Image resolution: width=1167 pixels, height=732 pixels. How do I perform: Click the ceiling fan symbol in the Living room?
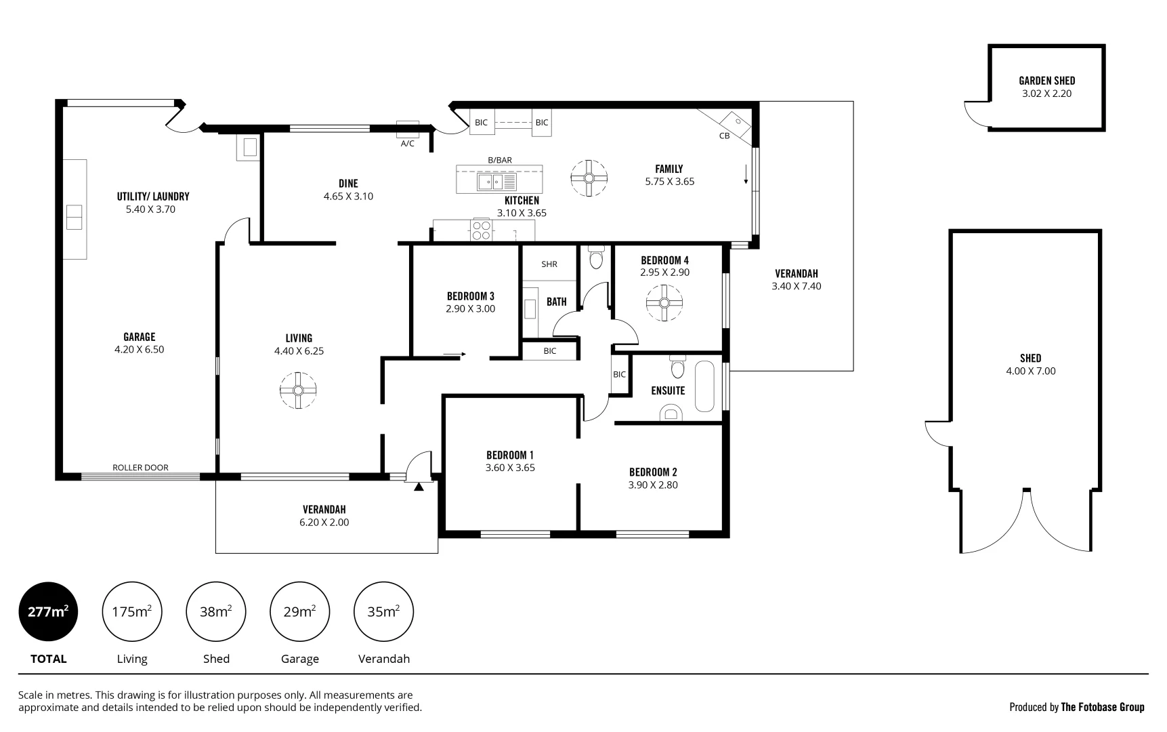[298, 390]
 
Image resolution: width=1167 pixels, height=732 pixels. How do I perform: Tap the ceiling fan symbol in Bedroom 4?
[664, 302]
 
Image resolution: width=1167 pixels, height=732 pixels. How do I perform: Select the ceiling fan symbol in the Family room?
[589, 178]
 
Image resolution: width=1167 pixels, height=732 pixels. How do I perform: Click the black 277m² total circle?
[48, 611]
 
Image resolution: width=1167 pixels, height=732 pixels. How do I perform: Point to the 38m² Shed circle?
[216, 611]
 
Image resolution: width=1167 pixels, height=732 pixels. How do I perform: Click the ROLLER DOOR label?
[140, 468]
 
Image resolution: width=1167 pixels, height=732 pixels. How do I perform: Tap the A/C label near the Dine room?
[407, 144]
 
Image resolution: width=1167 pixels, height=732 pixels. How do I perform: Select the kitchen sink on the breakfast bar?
[496, 182]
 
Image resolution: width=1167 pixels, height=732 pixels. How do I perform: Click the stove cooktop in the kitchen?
[482, 230]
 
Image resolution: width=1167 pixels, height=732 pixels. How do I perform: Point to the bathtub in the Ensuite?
[704, 386]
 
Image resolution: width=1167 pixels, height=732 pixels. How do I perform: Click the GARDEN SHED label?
[1046, 81]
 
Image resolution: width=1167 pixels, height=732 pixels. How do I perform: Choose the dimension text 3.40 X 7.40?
[796, 287]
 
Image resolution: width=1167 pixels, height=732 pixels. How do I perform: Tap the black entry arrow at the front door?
[419, 486]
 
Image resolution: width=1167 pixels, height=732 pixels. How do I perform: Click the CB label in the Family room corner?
[724, 136]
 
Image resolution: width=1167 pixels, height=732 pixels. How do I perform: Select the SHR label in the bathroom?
[549, 264]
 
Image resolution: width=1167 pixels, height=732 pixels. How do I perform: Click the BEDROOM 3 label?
[470, 296]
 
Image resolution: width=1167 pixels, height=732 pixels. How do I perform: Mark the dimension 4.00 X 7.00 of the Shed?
[1030, 371]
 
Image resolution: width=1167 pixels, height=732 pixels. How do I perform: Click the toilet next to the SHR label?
[596, 258]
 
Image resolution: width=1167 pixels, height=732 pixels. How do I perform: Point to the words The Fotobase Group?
[1102, 707]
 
